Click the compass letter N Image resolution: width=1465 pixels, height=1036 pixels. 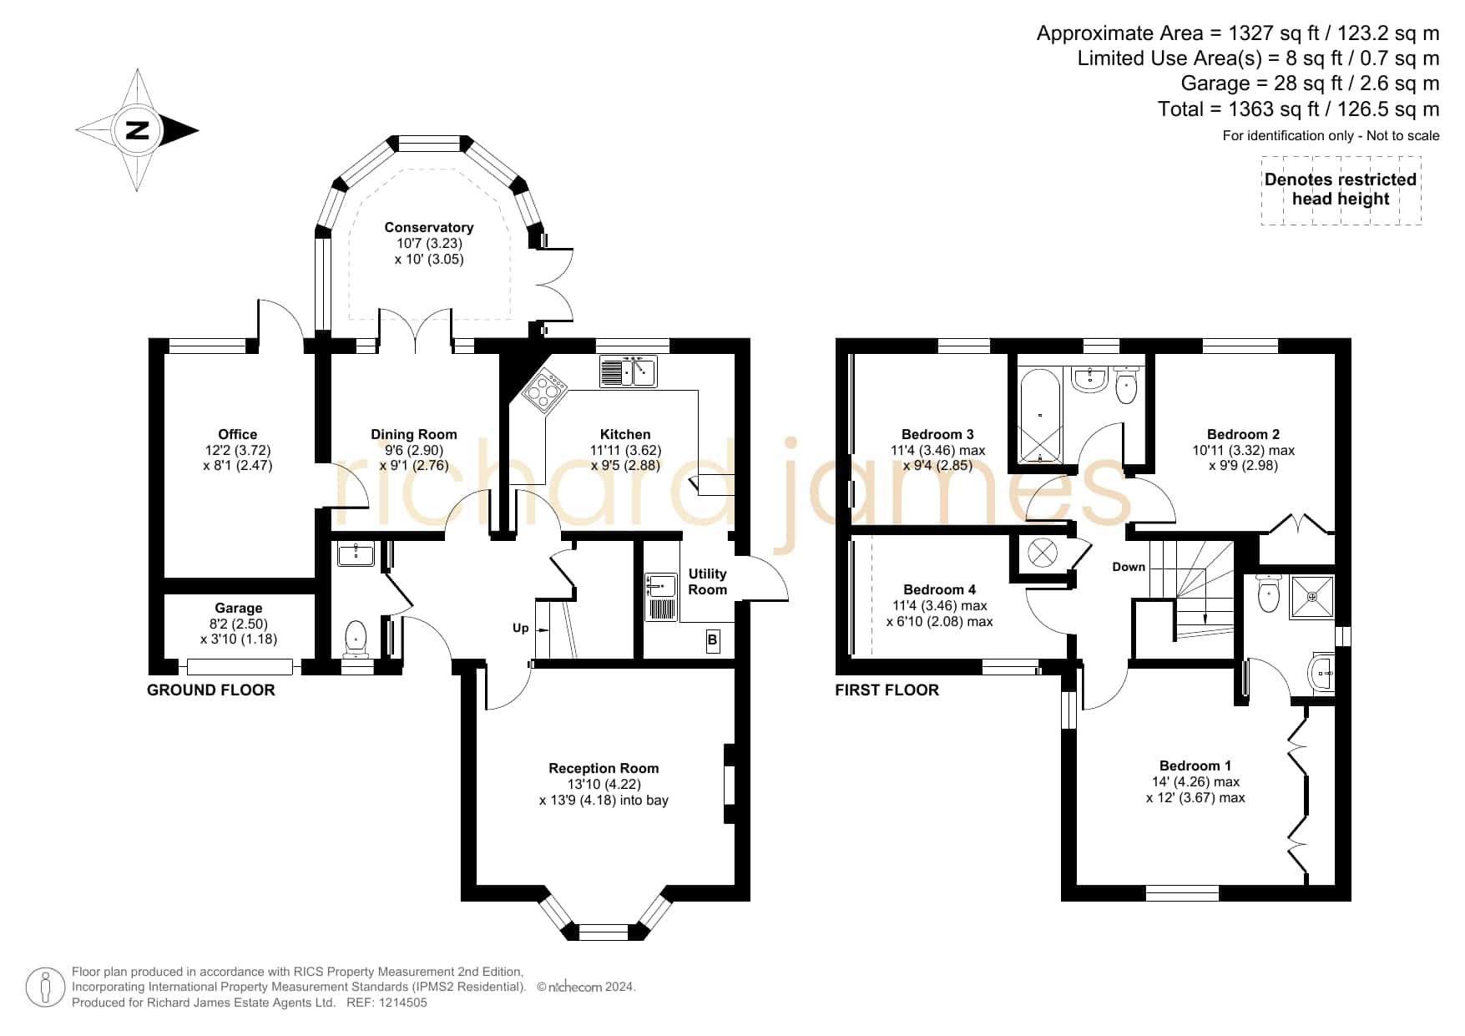pyautogui.click(x=137, y=130)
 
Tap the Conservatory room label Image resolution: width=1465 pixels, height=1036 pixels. pyautogui.click(x=429, y=227)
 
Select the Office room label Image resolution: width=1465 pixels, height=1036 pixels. pyautogui.click(x=238, y=434)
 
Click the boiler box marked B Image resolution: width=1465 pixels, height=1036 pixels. pyautogui.click(x=712, y=640)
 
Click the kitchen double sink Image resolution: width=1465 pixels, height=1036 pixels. pyautogui.click(x=629, y=371)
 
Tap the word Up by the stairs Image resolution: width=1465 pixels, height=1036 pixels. pyautogui.click(x=521, y=629)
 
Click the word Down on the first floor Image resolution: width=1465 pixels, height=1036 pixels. pyautogui.click(x=1129, y=567)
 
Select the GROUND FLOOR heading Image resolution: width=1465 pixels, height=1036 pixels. pyautogui.click(x=211, y=690)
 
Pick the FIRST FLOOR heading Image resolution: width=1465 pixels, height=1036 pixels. pyautogui.click(x=887, y=690)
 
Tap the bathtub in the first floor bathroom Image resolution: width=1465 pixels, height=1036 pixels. pyautogui.click(x=1040, y=415)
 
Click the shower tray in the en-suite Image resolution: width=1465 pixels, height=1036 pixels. pyautogui.click(x=1312, y=597)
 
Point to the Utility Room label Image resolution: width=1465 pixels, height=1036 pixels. pyautogui.click(x=708, y=581)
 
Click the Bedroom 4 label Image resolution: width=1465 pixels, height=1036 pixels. pyautogui.click(x=940, y=589)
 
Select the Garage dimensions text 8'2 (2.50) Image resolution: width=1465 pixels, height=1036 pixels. pyautogui.click(x=239, y=624)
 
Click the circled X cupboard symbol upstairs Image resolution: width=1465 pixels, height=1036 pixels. pyautogui.click(x=1043, y=552)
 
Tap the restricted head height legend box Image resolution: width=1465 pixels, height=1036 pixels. pyautogui.click(x=1341, y=190)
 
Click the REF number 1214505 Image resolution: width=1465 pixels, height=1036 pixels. pyautogui.click(x=402, y=1003)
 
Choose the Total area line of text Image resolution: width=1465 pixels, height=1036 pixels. pyautogui.click(x=1299, y=109)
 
